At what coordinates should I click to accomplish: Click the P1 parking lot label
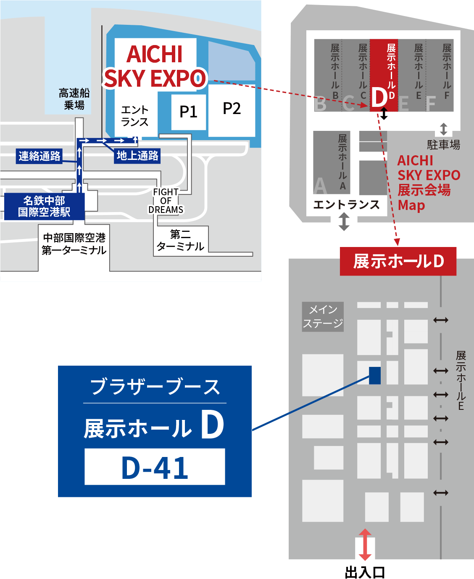tap(188, 112)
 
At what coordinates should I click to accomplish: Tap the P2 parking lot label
tap(232, 109)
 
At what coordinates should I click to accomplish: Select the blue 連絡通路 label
tap(39, 156)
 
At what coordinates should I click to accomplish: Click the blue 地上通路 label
tap(137, 156)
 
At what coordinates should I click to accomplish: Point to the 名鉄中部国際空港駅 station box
tap(44, 206)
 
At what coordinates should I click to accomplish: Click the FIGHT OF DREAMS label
tap(166, 201)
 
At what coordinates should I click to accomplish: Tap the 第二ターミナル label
tap(180, 240)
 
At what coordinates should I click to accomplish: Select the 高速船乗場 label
tap(74, 99)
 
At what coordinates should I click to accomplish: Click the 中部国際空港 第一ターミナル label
tap(74, 244)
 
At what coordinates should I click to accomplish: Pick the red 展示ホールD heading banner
tap(398, 261)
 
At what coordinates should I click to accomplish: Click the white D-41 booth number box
tap(155, 467)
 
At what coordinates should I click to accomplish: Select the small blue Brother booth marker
tap(375, 375)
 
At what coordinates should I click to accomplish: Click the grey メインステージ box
tap(323, 316)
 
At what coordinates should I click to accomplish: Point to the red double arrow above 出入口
tap(365, 544)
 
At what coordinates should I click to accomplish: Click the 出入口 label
tap(365, 572)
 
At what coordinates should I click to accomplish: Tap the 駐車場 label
tap(443, 145)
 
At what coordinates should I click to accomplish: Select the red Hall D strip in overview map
tap(384, 76)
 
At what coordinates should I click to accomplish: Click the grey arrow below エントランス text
tap(344, 221)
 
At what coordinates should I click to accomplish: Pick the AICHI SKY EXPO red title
tap(155, 66)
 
